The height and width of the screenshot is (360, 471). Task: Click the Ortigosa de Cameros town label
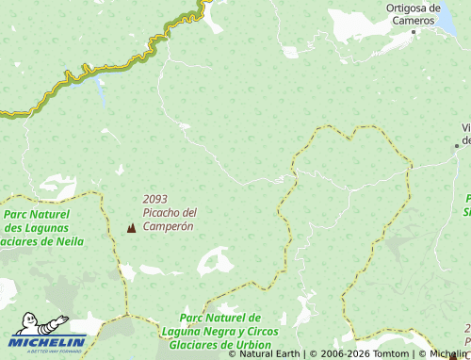[414, 14]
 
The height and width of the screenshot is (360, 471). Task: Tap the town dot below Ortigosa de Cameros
[413, 32]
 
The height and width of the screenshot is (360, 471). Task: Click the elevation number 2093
[155, 199]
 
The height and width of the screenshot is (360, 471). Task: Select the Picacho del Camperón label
[169, 220]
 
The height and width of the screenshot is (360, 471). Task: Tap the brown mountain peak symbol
[130, 228]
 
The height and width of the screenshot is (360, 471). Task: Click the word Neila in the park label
[65, 241]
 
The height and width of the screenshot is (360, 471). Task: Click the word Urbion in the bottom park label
[249, 345]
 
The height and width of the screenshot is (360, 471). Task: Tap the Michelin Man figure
[42, 325]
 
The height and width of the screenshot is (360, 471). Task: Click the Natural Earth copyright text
[269, 354]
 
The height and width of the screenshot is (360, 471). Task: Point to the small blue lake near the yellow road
[100, 91]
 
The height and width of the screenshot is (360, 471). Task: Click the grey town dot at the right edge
[458, 145]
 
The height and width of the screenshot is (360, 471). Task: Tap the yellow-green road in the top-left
[85, 72]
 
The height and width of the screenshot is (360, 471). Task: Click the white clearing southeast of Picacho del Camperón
[216, 260]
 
